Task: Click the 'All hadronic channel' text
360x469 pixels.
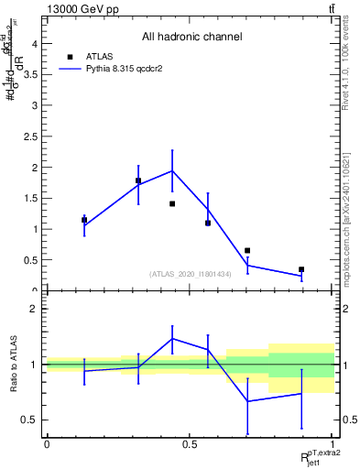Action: tap(191, 38)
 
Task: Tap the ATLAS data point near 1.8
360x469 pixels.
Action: tap(138, 180)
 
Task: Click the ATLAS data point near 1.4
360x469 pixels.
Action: tap(172, 203)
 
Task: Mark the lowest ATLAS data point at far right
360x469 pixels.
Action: tap(301, 269)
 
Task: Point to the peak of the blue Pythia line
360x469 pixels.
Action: tap(172, 170)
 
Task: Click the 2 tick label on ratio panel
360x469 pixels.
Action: tap(34, 309)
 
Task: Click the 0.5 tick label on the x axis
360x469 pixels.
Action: tap(190, 444)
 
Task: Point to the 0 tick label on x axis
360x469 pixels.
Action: tap(47, 444)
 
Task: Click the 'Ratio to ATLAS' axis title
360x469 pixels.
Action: tap(12, 365)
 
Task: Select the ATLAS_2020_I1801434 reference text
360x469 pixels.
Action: tap(190, 274)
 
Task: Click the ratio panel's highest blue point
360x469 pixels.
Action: tap(172, 338)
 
